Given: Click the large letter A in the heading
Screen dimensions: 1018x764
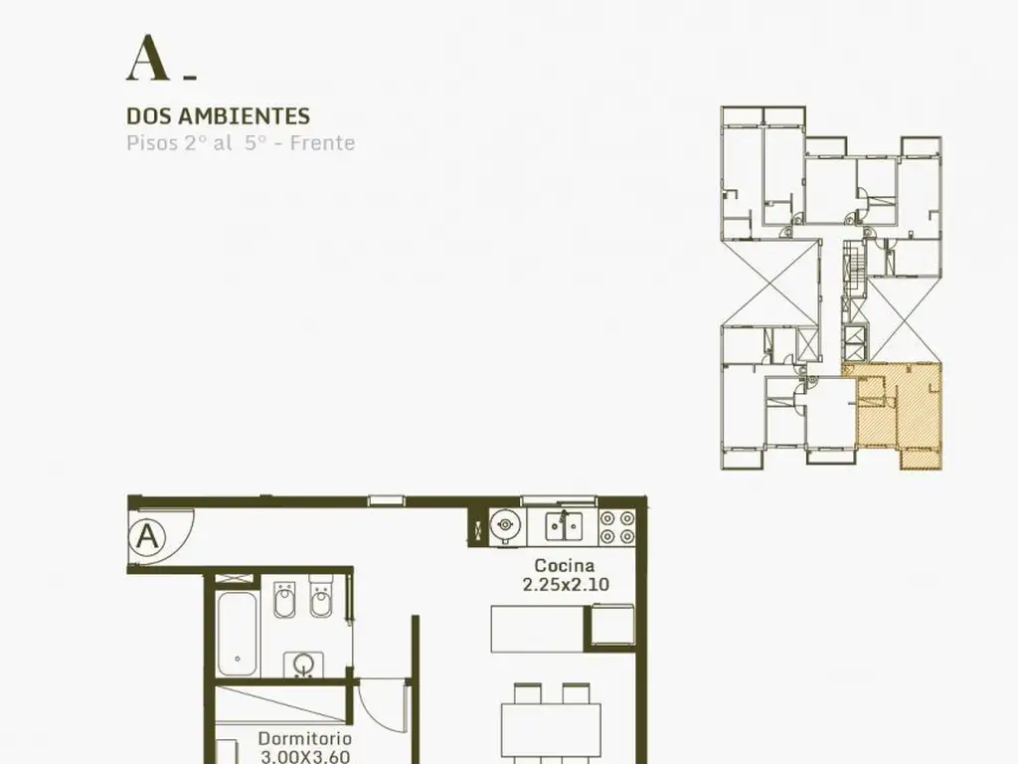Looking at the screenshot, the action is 148,58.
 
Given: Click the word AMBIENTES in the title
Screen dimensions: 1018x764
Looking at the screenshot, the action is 244,116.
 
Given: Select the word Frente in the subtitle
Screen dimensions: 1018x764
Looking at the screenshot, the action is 323,143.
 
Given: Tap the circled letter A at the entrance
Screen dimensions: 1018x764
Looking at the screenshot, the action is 147,537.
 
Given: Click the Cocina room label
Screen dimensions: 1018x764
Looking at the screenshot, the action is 565,565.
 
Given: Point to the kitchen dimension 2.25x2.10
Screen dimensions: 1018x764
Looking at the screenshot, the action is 566,585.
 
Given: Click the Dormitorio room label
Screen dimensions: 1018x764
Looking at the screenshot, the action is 305,739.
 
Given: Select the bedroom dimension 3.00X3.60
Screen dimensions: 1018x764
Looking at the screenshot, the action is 305,757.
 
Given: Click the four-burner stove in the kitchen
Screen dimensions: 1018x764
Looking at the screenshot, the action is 616,527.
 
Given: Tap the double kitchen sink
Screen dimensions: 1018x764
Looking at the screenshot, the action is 564,526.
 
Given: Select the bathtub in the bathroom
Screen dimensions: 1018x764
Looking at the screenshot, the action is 237,634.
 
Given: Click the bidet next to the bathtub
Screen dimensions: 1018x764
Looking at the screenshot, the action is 284,600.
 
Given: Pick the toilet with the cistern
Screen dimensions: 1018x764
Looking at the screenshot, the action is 321,596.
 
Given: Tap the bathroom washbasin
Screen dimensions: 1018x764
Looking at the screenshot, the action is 304,665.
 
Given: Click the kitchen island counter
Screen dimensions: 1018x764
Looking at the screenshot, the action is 538,629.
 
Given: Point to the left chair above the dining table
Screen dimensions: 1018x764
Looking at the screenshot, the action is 527,693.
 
